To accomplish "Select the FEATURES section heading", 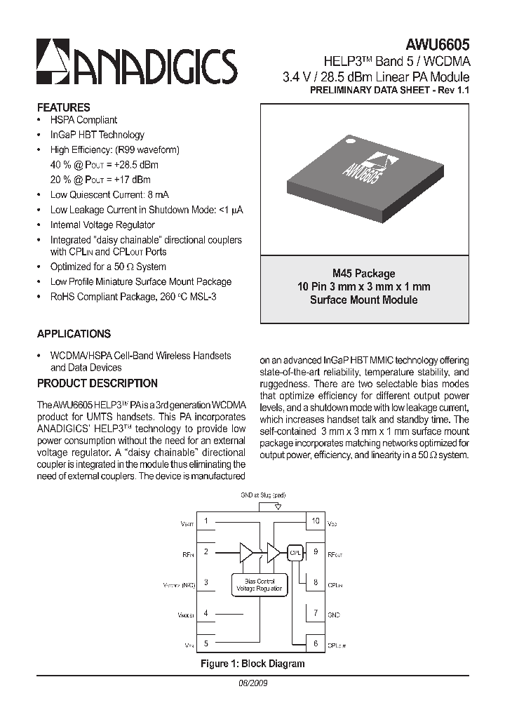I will pos(63,107).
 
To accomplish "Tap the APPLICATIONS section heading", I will pos(74,334).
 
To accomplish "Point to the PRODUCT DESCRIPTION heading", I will pos(97,383).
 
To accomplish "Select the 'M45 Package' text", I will pos(363,274).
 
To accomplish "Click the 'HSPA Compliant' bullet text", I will pos(83,120).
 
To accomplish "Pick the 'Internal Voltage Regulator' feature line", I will pos(102,225).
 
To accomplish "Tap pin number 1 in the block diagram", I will pos(206,521).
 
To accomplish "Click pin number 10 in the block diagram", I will pos(315,521).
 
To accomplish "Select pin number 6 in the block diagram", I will pos(315,643).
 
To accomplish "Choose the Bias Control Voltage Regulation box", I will pos(260,584).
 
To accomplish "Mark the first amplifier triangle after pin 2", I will pos(246,552).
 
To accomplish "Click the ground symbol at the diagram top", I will pos(278,507).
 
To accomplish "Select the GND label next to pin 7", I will pos(333,615).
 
